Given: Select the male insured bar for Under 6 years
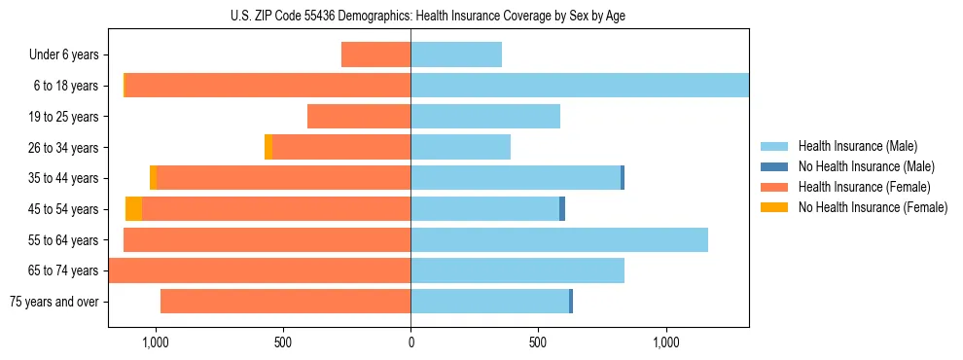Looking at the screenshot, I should (456, 54).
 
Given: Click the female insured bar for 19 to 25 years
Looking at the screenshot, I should (359, 117).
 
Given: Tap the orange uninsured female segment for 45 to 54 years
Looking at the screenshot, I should (134, 209).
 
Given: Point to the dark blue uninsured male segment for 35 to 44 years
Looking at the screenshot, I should (623, 178).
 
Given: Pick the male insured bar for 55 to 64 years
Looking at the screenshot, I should (559, 239).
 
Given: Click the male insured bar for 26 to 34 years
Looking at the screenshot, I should (460, 147).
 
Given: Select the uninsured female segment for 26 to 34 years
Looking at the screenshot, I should (268, 147).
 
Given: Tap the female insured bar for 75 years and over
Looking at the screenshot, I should (285, 302).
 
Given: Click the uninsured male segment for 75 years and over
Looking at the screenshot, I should (571, 302).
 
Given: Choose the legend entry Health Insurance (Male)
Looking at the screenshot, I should (857, 146).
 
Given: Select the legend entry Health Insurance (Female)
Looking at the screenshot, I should (864, 187).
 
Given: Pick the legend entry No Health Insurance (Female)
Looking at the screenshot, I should (873, 207).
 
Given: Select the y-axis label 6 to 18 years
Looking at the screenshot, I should (65, 86).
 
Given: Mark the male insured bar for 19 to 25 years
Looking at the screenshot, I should (485, 117).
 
